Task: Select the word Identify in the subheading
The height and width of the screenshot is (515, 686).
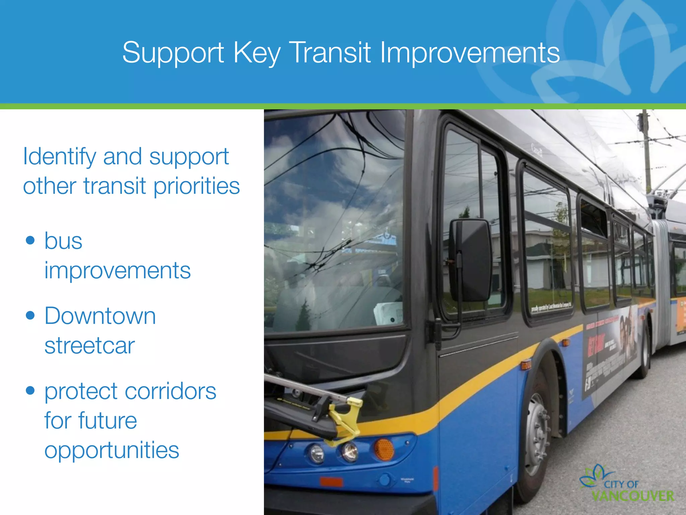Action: click(x=59, y=157)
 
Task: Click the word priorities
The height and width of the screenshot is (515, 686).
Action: click(x=197, y=186)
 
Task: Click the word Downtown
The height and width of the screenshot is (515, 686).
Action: click(x=100, y=316)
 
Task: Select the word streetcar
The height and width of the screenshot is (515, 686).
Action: click(x=89, y=345)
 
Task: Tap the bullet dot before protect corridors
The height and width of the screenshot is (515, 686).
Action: click(x=30, y=390)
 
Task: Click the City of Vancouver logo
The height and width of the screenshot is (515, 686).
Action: click(x=626, y=485)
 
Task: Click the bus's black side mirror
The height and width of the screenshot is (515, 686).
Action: click(x=470, y=260)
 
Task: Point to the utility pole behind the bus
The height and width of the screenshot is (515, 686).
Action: click(x=646, y=151)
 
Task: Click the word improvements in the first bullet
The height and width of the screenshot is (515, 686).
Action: click(x=117, y=270)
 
